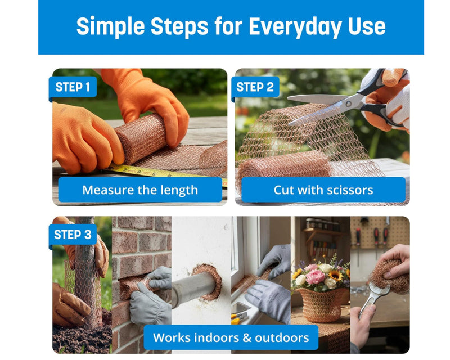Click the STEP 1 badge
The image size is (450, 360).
[x=73, y=87]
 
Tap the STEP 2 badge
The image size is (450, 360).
[x=255, y=87]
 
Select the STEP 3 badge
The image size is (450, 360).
[x=73, y=235]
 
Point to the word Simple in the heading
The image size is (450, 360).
[x=110, y=26]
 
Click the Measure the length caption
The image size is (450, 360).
[x=140, y=190]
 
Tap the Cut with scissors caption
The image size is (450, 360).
[x=323, y=190]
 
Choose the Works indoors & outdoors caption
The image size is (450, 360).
[x=231, y=337]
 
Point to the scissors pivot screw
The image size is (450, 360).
[x=349, y=103]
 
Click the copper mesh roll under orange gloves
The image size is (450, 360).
[x=141, y=138]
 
